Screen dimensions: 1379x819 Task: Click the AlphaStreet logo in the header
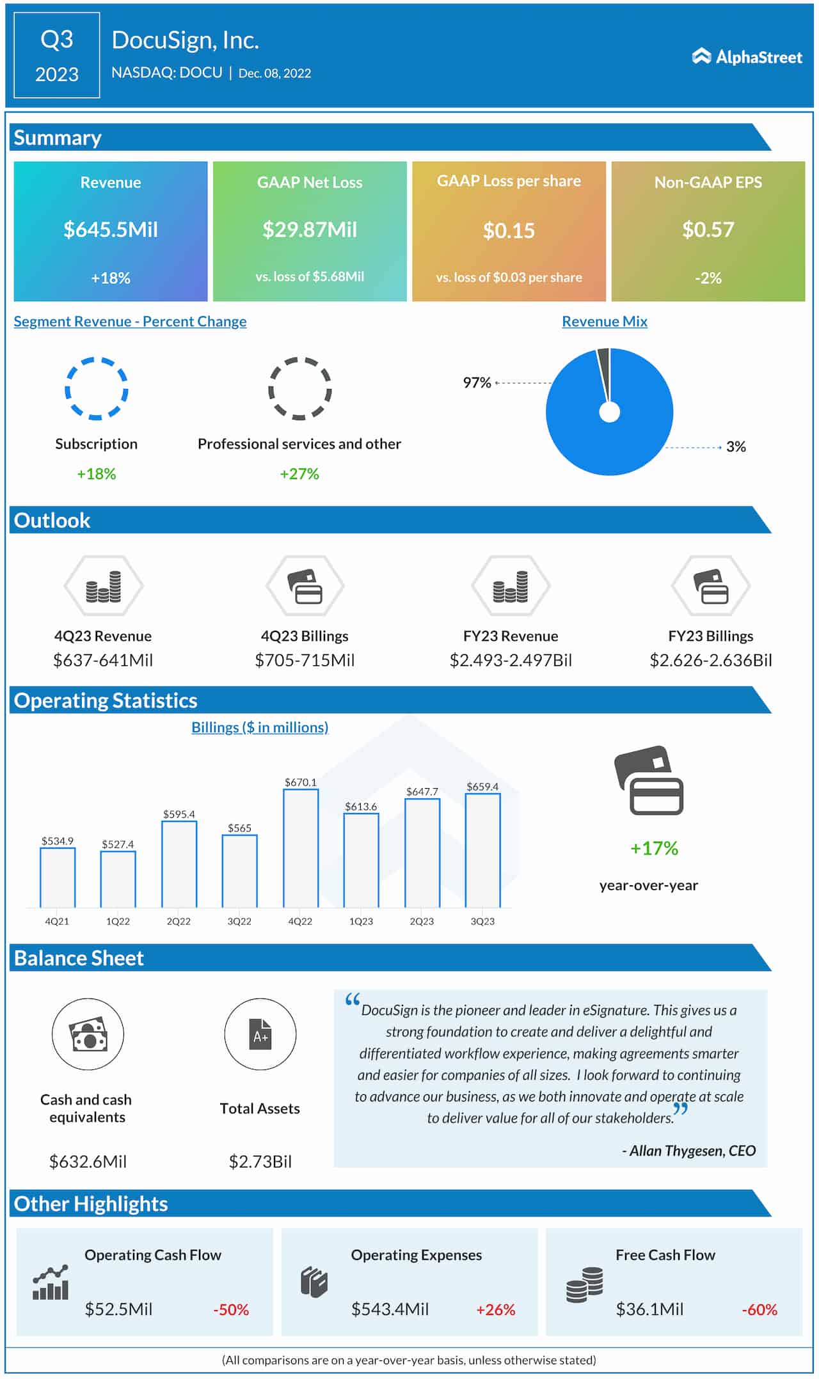pyautogui.click(x=747, y=57)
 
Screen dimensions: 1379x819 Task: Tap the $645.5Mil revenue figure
pyautogui.click(x=111, y=230)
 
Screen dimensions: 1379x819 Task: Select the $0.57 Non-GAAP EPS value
pyautogui.click(x=708, y=230)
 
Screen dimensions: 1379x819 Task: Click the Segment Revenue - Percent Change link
pyautogui.click(x=130, y=321)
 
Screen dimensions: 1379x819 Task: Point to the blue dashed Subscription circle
pyautogui.click(x=97, y=388)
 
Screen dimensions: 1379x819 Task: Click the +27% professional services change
pyautogui.click(x=299, y=474)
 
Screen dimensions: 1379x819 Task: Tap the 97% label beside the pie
pyautogui.click(x=477, y=382)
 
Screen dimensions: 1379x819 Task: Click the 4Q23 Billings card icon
pyautogui.click(x=305, y=586)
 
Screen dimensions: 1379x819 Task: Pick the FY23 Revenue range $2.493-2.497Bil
pyautogui.click(x=511, y=660)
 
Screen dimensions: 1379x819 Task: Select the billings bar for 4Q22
pyautogui.click(x=301, y=848)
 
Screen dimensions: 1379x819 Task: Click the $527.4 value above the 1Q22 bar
pyautogui.click(x=118, y=844)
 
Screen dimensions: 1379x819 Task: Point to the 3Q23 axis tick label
pyautogui.click(x=482, y=921)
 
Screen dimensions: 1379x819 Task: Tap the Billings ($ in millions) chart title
pyautogui.click(x=260, y=727)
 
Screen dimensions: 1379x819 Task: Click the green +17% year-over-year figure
pyautogui.click(x=654, y=848)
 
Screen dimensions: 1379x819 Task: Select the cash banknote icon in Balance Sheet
pyautogui.click(x=88, y=1034)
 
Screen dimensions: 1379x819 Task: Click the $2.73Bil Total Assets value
pyautogui.click(x=260, y=1162)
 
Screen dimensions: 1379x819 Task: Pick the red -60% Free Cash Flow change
pyautogui.click(x=759, y=1310)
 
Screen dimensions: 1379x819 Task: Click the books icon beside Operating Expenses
pyautogui.click(x=314, y=1282)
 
